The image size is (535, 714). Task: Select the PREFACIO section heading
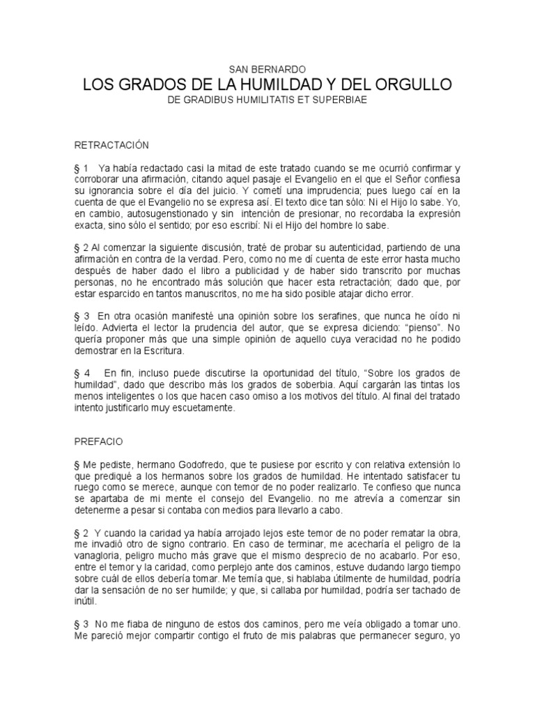pyautogui.click(x=98, y=441)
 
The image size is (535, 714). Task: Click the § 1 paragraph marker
pyautogui.click(x=81, y=169)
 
